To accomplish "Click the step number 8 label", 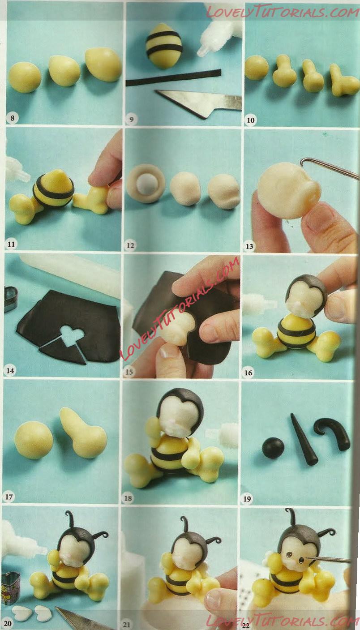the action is (12, 118).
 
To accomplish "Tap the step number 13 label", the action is (249, 246).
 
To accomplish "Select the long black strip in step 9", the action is (173, 78).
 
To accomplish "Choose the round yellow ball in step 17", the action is (34, 441).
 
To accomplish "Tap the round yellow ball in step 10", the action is (257, 68).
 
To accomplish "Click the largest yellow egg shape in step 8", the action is (103, 64).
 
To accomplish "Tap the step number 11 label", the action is (11, 244).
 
